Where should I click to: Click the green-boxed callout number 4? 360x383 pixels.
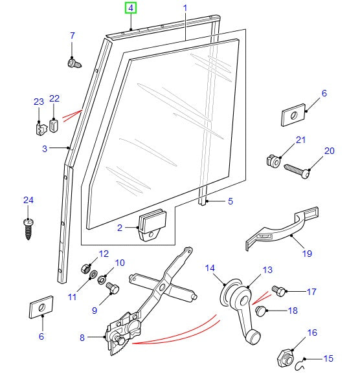point(131,8)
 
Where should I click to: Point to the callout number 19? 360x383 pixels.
point(306,254)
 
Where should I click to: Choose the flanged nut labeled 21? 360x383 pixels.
point(273,160)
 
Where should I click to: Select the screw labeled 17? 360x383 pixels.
point(280,292)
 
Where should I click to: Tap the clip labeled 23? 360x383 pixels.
point(39,127)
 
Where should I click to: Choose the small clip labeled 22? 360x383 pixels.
point(54,124)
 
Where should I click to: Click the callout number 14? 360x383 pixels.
point(210,268)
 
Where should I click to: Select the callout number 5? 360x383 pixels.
point(230,202)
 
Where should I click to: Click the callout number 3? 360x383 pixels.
point(45,149)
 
